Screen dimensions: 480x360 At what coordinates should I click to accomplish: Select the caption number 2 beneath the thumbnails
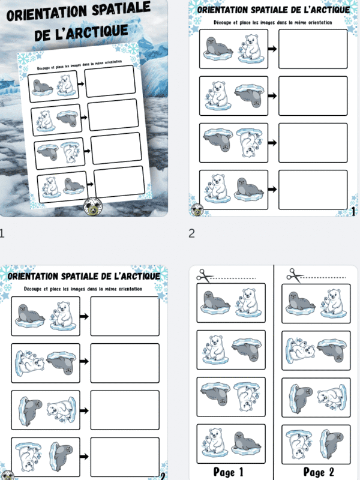(x=191, y=233)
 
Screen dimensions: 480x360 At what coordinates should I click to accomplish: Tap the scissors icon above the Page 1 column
(x=205, y=276)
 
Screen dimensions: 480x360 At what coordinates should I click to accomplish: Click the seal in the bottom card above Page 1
(x=246, y=443)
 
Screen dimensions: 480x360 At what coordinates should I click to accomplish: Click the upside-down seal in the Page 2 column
(x=331, y=350)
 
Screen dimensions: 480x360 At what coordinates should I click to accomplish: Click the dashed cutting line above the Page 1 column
(x=240, y=278)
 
